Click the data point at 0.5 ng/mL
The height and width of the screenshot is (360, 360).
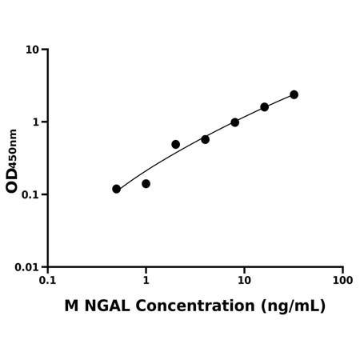pos(116,189)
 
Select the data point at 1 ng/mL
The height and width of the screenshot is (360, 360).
pos(146,184)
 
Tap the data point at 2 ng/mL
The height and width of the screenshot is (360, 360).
pos(176,145)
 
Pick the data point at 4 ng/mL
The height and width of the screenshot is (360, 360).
pos(206,139)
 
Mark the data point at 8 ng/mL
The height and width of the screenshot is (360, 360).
pos(235,122)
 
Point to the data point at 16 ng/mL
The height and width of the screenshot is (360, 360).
pos(265,107)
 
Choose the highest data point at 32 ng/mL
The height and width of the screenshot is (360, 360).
pos(294,94)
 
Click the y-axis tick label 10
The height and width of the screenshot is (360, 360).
pos(32,50)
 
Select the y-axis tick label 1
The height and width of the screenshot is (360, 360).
pos(36,122)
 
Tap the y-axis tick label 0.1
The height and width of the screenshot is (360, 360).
pos(30,194)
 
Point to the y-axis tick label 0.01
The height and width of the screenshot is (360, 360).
pos(26,267)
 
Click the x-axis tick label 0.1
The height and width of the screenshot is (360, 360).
pos(48,280)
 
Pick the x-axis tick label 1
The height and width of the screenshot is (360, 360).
pos(146,280)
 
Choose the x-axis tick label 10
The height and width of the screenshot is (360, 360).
pos(244,280)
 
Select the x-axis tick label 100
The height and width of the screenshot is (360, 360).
pos(342,280)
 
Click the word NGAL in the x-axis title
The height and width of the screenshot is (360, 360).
pos(107,306)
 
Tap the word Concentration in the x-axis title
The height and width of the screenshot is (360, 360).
pos(195,306)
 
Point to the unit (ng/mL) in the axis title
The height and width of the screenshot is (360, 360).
pos(293,306)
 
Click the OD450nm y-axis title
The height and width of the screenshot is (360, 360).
pos(12,161)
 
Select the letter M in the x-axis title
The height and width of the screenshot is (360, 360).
pos(71,306)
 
